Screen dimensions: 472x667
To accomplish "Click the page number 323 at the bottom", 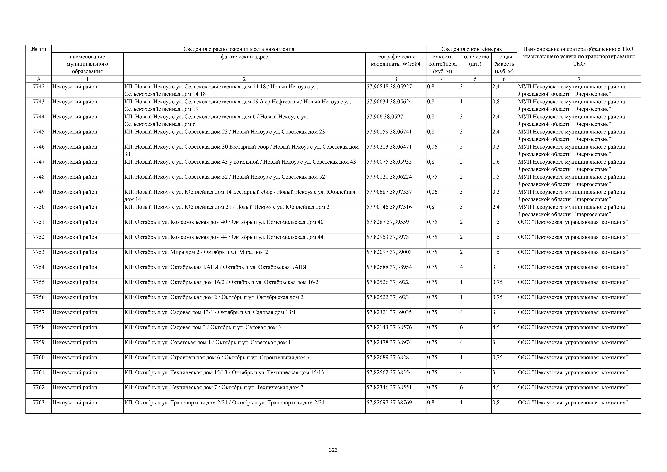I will (x=333, y=450).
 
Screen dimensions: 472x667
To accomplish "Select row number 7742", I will (x=39, y=87).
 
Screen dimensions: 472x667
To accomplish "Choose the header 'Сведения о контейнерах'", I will (x=472, y=49).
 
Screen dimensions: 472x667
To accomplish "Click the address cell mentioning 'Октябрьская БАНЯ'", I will (x=215, y=267).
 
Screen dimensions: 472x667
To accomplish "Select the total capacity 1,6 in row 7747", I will (x=496, y=162).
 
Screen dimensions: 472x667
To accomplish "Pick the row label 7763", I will (x=39, y=403).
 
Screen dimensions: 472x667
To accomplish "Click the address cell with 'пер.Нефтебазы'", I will (x=238, y=105).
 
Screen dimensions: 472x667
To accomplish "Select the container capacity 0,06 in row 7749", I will (x=432, y=192).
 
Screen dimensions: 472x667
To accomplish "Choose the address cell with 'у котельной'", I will (x=240, y=162).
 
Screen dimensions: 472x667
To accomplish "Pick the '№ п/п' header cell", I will (x=39, y=49).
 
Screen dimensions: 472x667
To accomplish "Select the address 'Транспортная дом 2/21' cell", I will (x=224, y=403).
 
